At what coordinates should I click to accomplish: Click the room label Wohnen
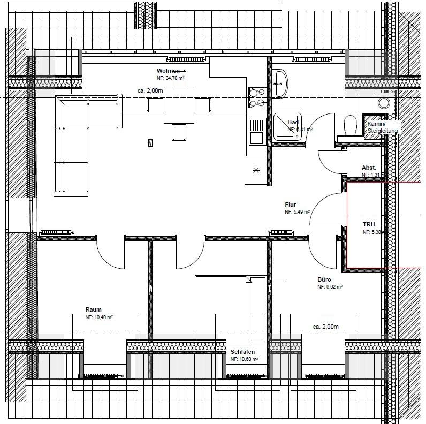click(168, 71)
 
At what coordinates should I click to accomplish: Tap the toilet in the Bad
click(350, 126)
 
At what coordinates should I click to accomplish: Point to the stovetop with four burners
click(257, 97)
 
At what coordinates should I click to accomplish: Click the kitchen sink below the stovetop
click(256, 131)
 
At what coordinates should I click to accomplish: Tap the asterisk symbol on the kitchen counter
click(256, 171)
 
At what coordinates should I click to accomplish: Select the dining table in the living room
click(179, 105)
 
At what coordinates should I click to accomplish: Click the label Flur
click(291, 205)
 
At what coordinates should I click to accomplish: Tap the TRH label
click(369, 224)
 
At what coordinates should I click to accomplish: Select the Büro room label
click(324, 279)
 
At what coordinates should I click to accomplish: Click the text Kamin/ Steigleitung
click(383, 127)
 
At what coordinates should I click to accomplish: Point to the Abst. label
click(369, 168)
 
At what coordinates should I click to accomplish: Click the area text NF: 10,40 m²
click(98, 317)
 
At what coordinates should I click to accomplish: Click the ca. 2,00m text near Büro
click(326, 327)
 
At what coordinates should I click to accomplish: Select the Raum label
click(93, 310)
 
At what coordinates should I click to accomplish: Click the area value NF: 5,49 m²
click(298, 213)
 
